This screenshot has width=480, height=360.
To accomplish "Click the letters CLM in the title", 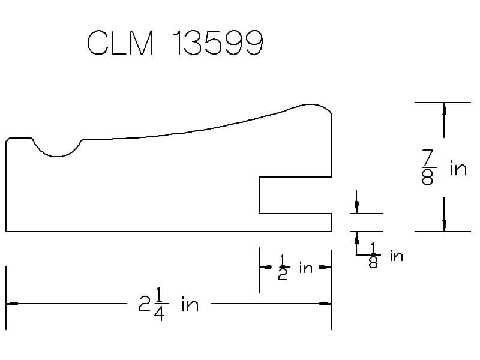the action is (x=120, y=43).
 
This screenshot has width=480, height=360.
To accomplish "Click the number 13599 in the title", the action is (x=217, y=43).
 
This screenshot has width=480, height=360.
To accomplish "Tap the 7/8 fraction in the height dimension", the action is (x=428, y=167).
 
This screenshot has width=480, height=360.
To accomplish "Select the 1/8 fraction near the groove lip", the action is (x=373, y=256).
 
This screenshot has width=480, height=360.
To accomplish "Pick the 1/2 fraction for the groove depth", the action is (x=283, y=268).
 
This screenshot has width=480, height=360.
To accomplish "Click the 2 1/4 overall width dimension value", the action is (x=153, y=304).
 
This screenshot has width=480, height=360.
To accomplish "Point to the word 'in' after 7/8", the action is (x=458, y=169).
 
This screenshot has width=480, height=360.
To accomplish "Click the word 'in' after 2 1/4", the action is (x=190, y=304).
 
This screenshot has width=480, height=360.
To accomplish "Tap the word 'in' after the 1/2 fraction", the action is (x=306, y=268).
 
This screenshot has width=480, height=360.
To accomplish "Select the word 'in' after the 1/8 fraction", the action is (x=396, y=256).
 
